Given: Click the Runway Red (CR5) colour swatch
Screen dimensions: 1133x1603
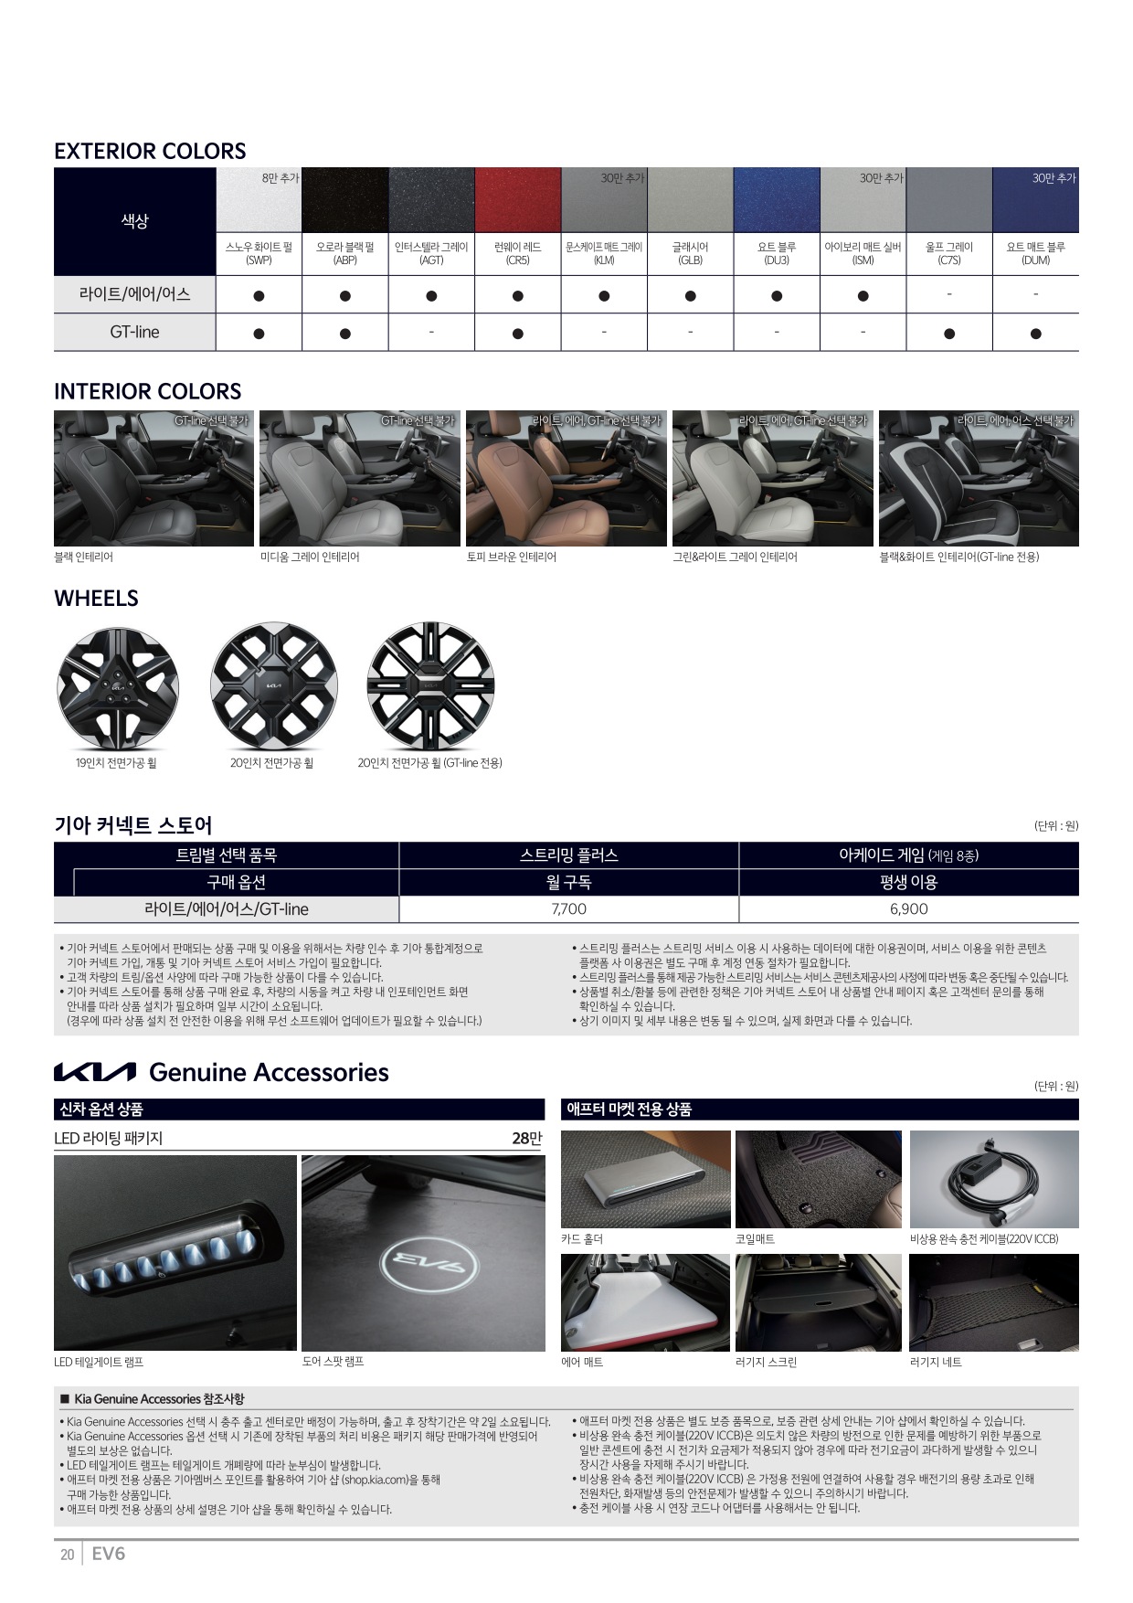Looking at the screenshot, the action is [517, 200].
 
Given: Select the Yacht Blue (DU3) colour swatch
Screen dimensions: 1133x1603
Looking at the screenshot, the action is [777, 200].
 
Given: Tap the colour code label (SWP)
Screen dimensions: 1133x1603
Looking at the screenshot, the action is [259, 260].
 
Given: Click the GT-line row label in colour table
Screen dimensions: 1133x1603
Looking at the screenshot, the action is [134, 332].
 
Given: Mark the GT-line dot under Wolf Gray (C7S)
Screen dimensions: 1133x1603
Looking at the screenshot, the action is [949, 334].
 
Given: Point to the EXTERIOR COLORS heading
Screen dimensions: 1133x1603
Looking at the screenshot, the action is [150, 151].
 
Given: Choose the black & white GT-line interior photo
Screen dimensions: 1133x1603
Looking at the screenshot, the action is [979, 478].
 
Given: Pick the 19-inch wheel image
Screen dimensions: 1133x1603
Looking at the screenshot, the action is [117, 687].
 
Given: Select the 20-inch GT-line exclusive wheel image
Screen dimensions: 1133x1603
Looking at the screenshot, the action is [430, 686].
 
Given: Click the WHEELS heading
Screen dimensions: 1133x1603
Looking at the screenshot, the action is [96, 599].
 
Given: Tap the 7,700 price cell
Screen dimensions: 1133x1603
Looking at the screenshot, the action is [568, 909].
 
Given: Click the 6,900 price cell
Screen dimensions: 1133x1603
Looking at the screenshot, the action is [908, 909].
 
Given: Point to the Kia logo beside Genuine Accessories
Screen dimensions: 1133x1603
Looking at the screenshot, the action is [95, 1072].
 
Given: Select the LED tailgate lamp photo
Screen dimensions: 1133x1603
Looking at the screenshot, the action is [175, 1253].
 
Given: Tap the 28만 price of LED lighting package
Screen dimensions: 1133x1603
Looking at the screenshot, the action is [527, 1138].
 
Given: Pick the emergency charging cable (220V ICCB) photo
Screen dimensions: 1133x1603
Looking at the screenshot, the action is [994, 1179].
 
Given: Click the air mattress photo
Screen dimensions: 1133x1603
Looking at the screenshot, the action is [645, 1302].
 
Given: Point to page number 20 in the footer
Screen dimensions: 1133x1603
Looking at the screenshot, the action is [67, 1555].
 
